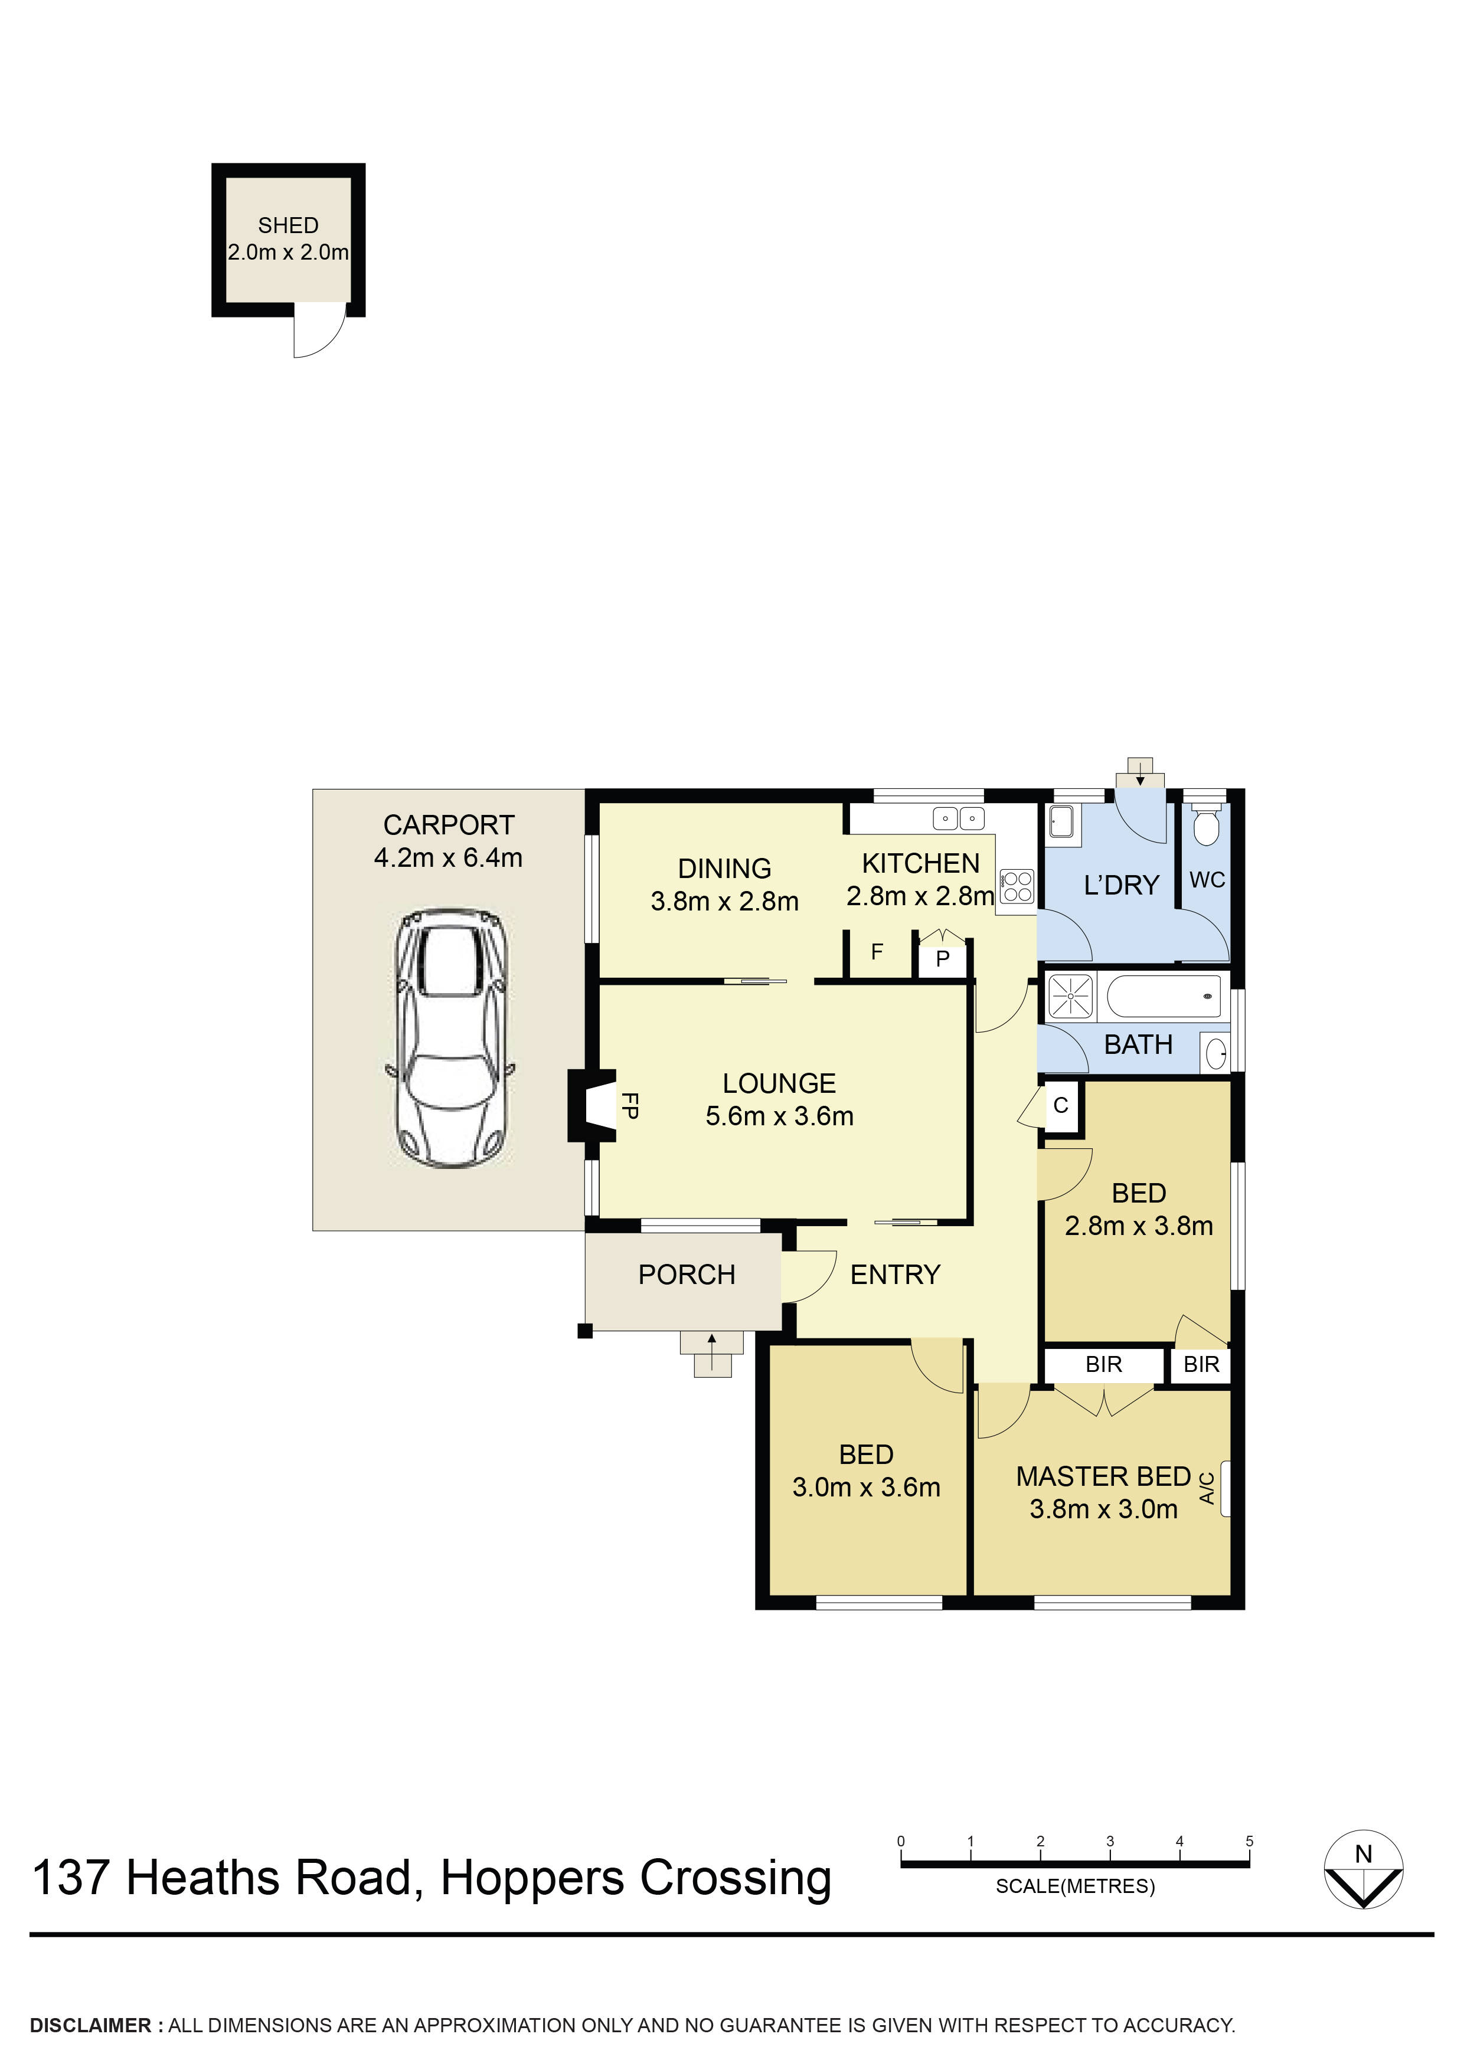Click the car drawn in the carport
click(x=451, y=1038)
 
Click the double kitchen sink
click(x=958, y=818)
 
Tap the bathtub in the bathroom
click(x=1163, y=996)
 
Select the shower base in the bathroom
click(x=1070, y=996)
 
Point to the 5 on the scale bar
click(x=1249, y=1841)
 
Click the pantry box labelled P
click(x=943, y=958)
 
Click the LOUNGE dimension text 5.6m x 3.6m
click(x=779, y=1116)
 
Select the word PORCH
click(x=687, y=1275)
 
